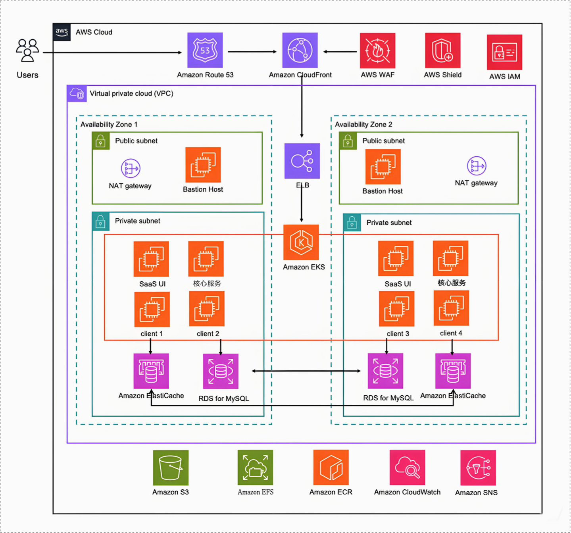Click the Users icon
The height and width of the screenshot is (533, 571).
click(27, 50)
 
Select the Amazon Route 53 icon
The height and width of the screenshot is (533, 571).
click(205, 50)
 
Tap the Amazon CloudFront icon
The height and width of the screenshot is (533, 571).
click(300, 50)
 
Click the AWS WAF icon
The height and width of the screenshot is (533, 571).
click(377, 51)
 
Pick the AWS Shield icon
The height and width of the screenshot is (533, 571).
click(442, 51)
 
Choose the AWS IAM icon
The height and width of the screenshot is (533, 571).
click(504, 52)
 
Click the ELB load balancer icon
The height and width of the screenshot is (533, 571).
click(302, 161)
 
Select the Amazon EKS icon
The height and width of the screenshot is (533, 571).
click(301, 242)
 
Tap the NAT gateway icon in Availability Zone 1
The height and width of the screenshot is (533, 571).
click(131, 168)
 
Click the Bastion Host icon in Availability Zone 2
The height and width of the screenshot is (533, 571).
click(383, 167)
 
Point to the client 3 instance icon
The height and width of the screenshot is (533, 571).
click(396, 309)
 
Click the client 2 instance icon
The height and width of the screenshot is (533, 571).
click(207, 309)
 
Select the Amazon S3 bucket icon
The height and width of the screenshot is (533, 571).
click(171, 468)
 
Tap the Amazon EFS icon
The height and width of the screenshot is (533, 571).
click(255, 468)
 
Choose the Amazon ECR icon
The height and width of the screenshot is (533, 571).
click(331, 468)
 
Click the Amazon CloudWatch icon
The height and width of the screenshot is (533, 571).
click(407, 468)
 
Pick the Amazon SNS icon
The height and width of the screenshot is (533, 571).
click(478, 468)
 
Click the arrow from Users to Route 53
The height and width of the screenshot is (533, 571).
click(111, 52)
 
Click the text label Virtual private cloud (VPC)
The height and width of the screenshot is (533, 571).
click(131, 94)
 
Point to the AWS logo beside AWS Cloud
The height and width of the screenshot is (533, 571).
click(62, 32)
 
